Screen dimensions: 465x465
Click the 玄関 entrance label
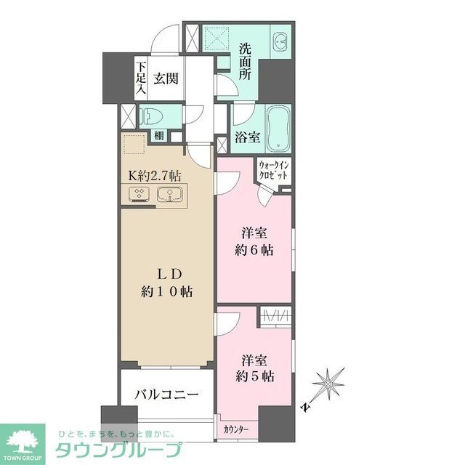pos(166,78)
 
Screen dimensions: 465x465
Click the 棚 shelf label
pos(158,136)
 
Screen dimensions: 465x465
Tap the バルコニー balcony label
pos(167,395)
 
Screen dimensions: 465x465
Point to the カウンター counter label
pos(236,430)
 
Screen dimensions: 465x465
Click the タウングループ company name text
pos(119,448)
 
